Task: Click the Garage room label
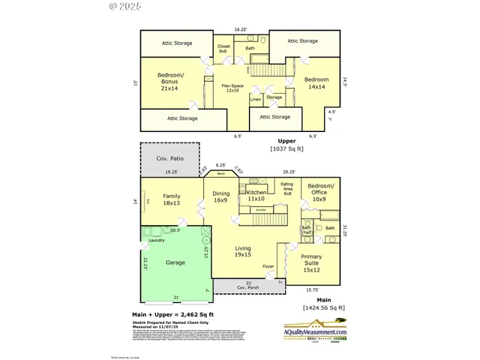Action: point(175,263)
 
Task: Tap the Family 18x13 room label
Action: point(172,200)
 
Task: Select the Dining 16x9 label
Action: point(220,196)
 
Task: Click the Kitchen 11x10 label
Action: point(256,196)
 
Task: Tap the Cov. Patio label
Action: point(169,159)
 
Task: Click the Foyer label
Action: point(268,266)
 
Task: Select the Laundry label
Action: point(156,240)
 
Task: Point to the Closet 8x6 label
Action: point(223,49)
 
